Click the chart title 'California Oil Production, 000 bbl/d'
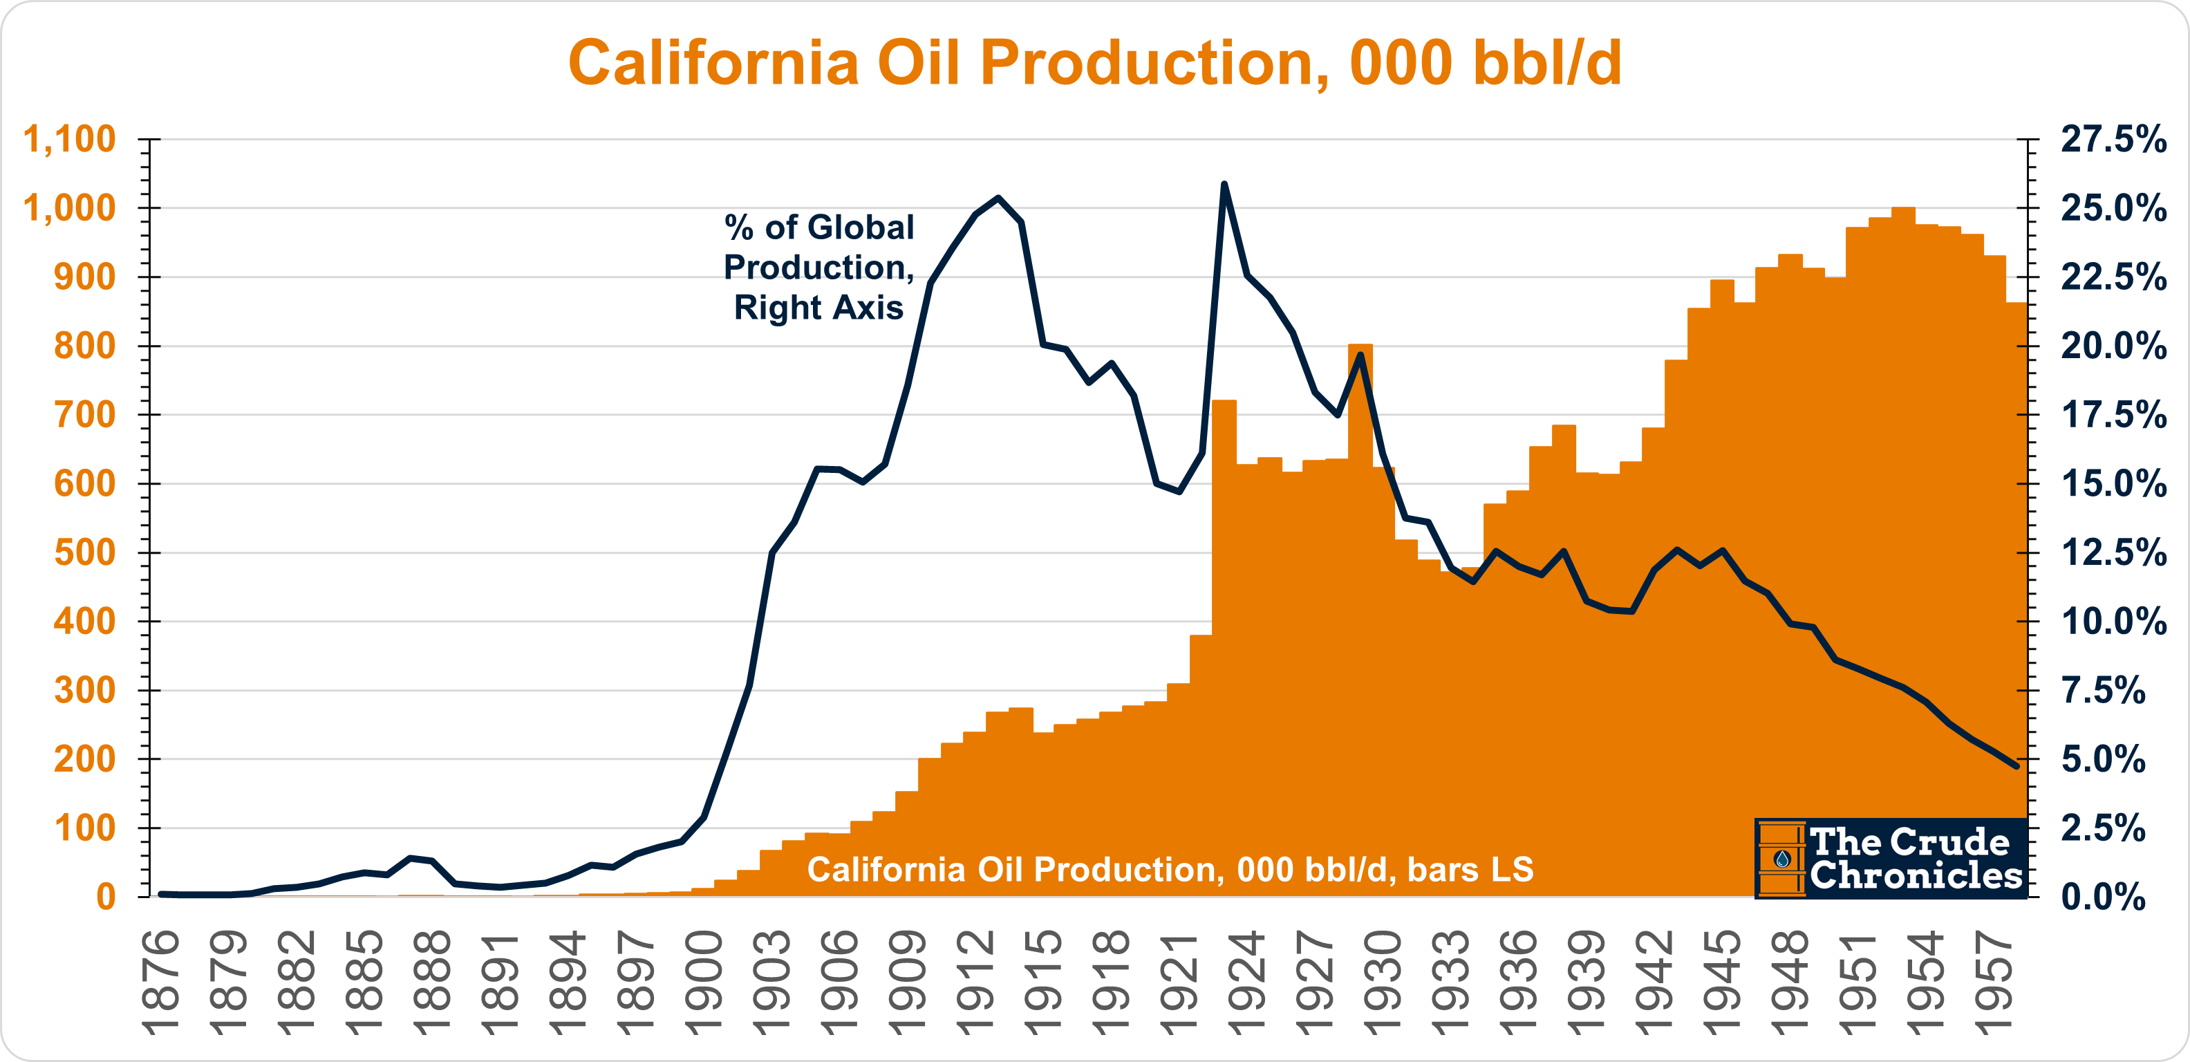tap(1094, 63)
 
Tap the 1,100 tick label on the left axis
tap(69, 140)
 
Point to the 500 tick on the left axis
tap(84, 552)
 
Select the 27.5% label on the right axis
tap(2113, 140)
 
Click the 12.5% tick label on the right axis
tap(2113, 552)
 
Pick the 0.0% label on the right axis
tap(2104, 897)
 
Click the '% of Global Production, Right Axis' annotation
tap(818, 267)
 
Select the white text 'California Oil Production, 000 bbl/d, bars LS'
tap(1170, 869)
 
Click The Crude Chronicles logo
tap(1891, 858)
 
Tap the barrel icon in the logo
tap(1781, 859)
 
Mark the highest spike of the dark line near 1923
tap(1224, 184)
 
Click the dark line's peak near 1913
tap(998, 198)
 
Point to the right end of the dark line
tap(2016, 766)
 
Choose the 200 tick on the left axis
tap(84, 759)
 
